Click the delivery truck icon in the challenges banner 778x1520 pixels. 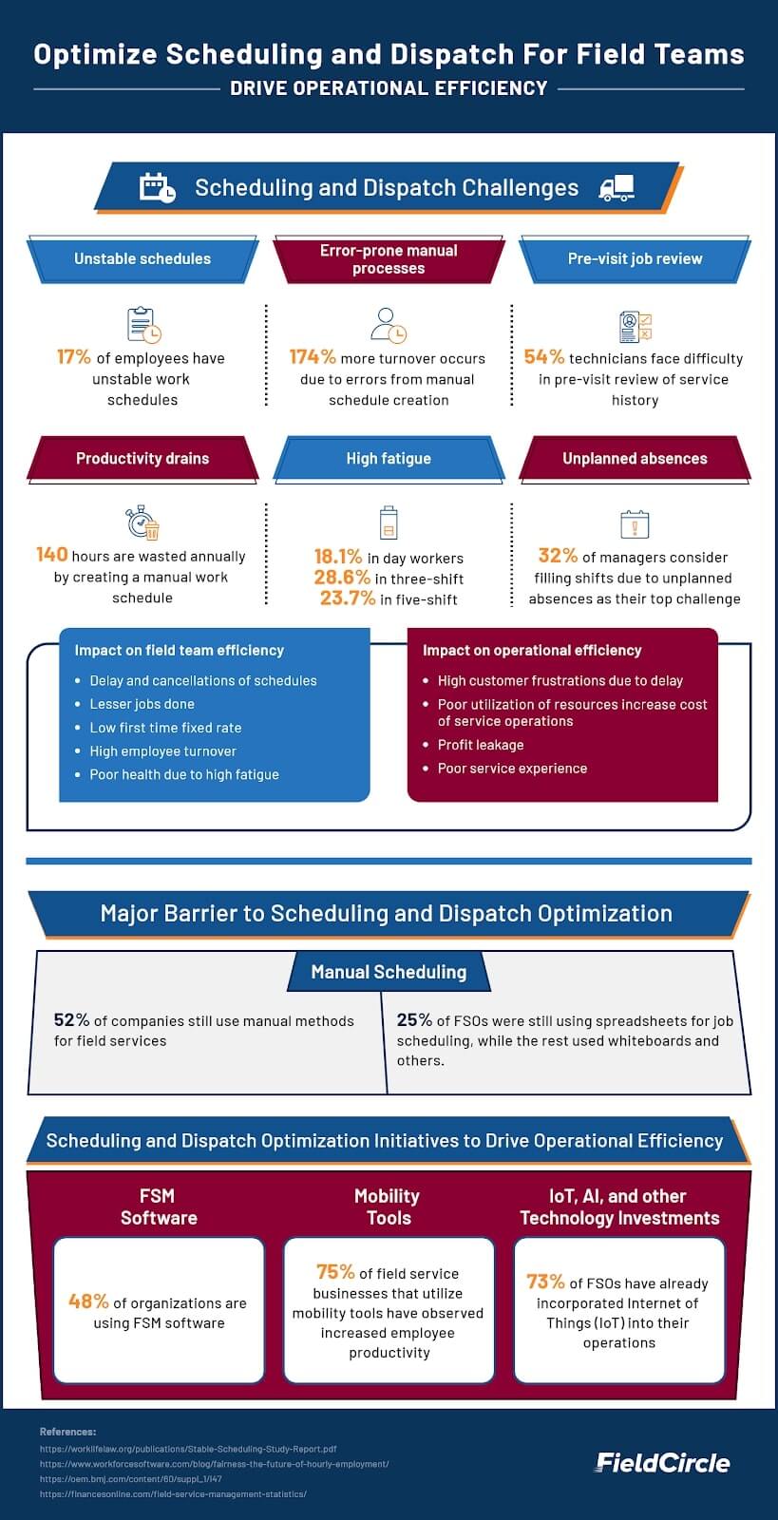tap(617, 187)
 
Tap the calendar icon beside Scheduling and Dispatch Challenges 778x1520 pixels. tap(157, 187)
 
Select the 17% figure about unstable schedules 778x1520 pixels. tap(74, 357)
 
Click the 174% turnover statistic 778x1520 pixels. tap(313, 357)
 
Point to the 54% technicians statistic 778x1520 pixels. tap(543, 357)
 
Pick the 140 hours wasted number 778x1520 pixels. tap(52, 555)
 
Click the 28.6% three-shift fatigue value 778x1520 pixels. tap(342, 578)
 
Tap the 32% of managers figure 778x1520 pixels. tap(558, 556)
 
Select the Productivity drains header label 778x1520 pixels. tap(142, 458)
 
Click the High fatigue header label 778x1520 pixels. tap(389, 458)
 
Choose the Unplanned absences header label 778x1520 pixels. tap(635, 458)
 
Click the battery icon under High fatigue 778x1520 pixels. tap(389, 522)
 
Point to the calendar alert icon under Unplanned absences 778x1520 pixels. tap(635, 523)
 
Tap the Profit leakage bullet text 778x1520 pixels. tap(480, 745)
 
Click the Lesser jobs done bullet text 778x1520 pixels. tap(142, 704)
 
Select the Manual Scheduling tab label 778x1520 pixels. tap(389, 972)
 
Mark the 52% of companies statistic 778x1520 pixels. tap(71, 1020)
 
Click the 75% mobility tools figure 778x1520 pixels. tap(335, 1272)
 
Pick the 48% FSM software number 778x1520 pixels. tap(87, 1302)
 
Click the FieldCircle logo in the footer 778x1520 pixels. tap(662, 1463)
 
